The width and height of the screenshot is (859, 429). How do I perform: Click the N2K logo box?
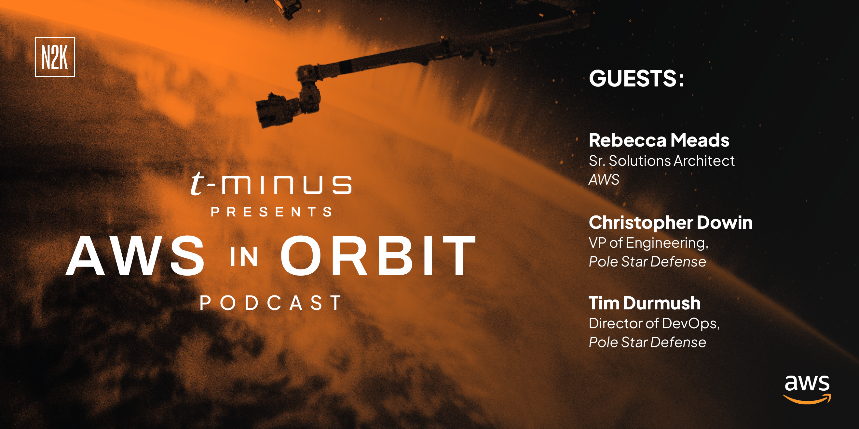[55, 57]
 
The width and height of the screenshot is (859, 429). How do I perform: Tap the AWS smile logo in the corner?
[807, 389]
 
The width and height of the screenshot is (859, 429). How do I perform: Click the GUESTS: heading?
[636, 79]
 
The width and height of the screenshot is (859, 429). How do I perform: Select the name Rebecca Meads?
[659, 140]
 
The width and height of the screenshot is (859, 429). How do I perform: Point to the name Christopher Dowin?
[671, 223]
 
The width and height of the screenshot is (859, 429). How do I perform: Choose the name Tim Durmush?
[645, 303]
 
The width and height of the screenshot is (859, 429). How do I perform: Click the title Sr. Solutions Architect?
[661, 161]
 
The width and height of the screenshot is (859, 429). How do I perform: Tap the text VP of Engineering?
[648, 243]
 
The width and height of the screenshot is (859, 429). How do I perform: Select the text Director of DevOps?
[654, 323]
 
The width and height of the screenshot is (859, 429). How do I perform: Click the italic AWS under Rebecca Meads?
[604, 179]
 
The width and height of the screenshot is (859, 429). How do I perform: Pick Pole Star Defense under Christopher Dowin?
[647, 262]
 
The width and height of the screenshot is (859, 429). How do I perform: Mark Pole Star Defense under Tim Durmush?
[647, 342]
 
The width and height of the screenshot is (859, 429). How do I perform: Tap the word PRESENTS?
[271, 212]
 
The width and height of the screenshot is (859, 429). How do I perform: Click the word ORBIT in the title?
[378, 255]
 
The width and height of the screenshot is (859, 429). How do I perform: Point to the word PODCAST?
[270, 303]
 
